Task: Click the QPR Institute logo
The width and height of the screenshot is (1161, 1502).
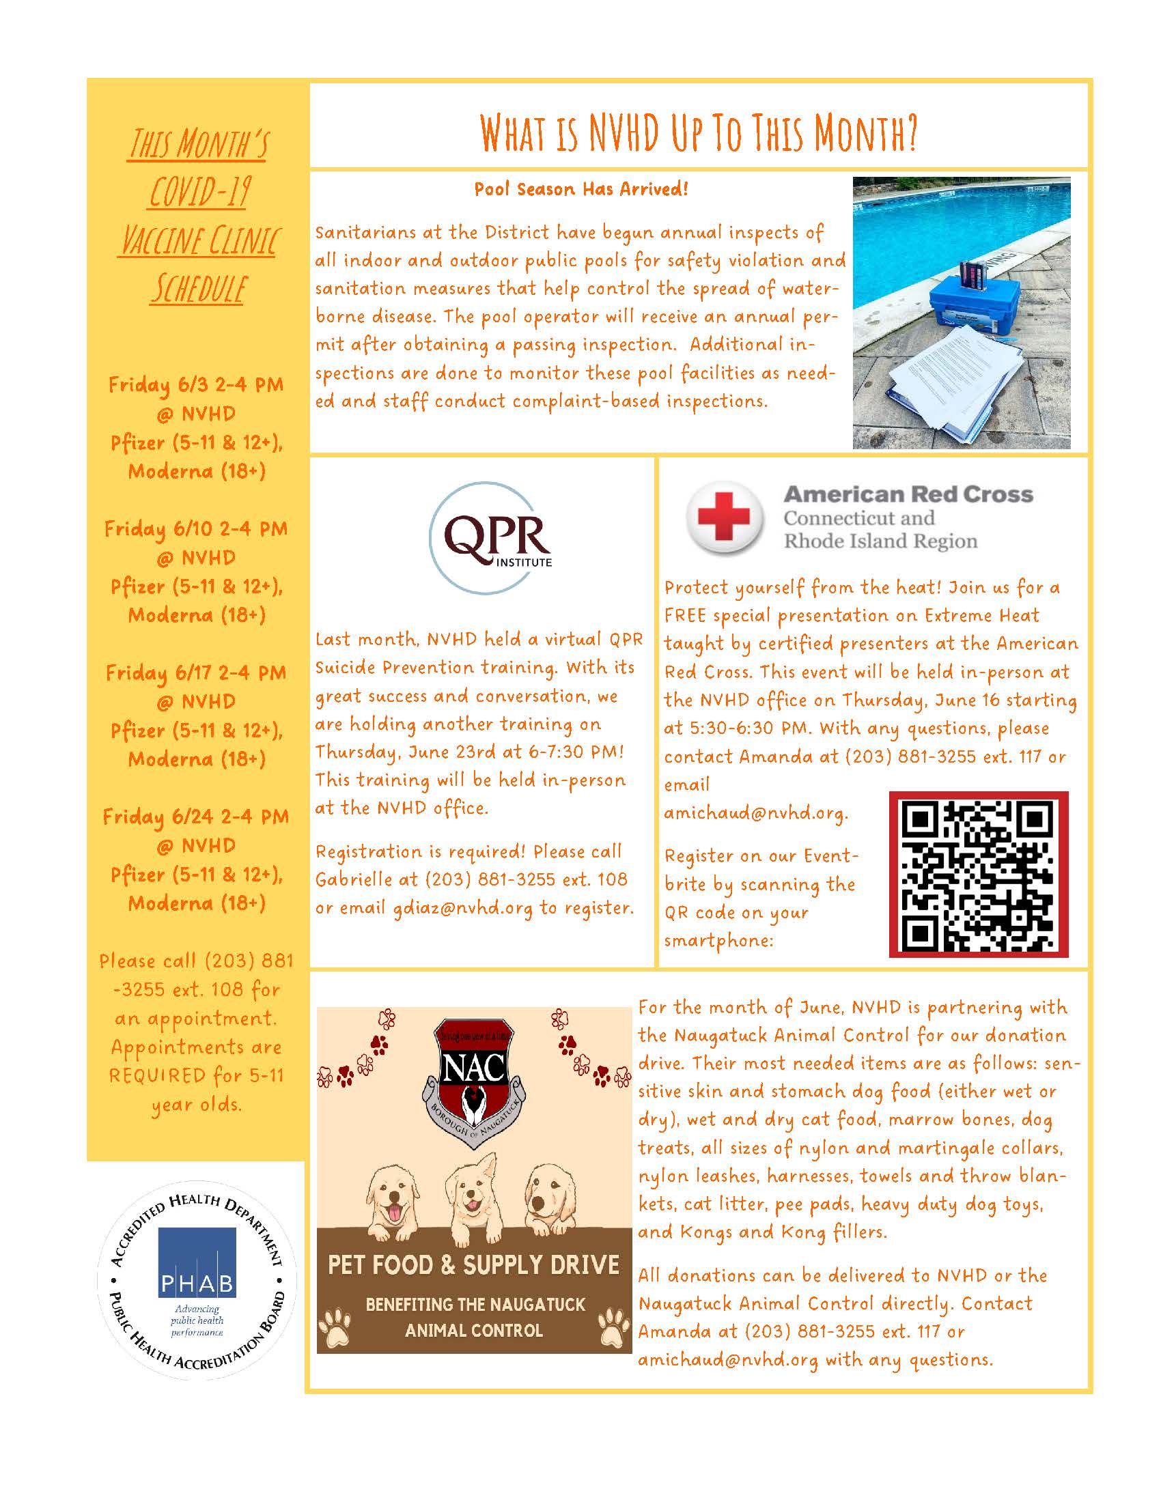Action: pos(490,538)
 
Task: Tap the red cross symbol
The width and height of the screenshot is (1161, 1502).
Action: pos(724,518)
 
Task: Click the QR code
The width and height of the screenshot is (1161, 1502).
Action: pos(978,873)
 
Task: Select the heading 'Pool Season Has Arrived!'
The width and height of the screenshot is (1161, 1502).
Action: pos(581,189)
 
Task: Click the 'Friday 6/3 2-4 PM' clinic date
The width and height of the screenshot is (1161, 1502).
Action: pos(196,384)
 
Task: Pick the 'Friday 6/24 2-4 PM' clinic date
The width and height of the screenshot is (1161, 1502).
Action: pos(196,817)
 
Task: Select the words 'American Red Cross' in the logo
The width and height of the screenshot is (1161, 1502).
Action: pos(908,494)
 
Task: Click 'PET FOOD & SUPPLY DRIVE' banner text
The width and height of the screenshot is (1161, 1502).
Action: pos(473,1265)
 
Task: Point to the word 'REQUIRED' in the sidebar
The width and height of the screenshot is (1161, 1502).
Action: pos(158,1075)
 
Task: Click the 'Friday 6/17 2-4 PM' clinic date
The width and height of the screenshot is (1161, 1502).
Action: pos(196,672)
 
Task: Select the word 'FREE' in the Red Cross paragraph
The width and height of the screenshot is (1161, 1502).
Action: pos(685,616)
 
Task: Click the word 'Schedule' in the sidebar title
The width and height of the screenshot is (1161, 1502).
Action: pos(198,289)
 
